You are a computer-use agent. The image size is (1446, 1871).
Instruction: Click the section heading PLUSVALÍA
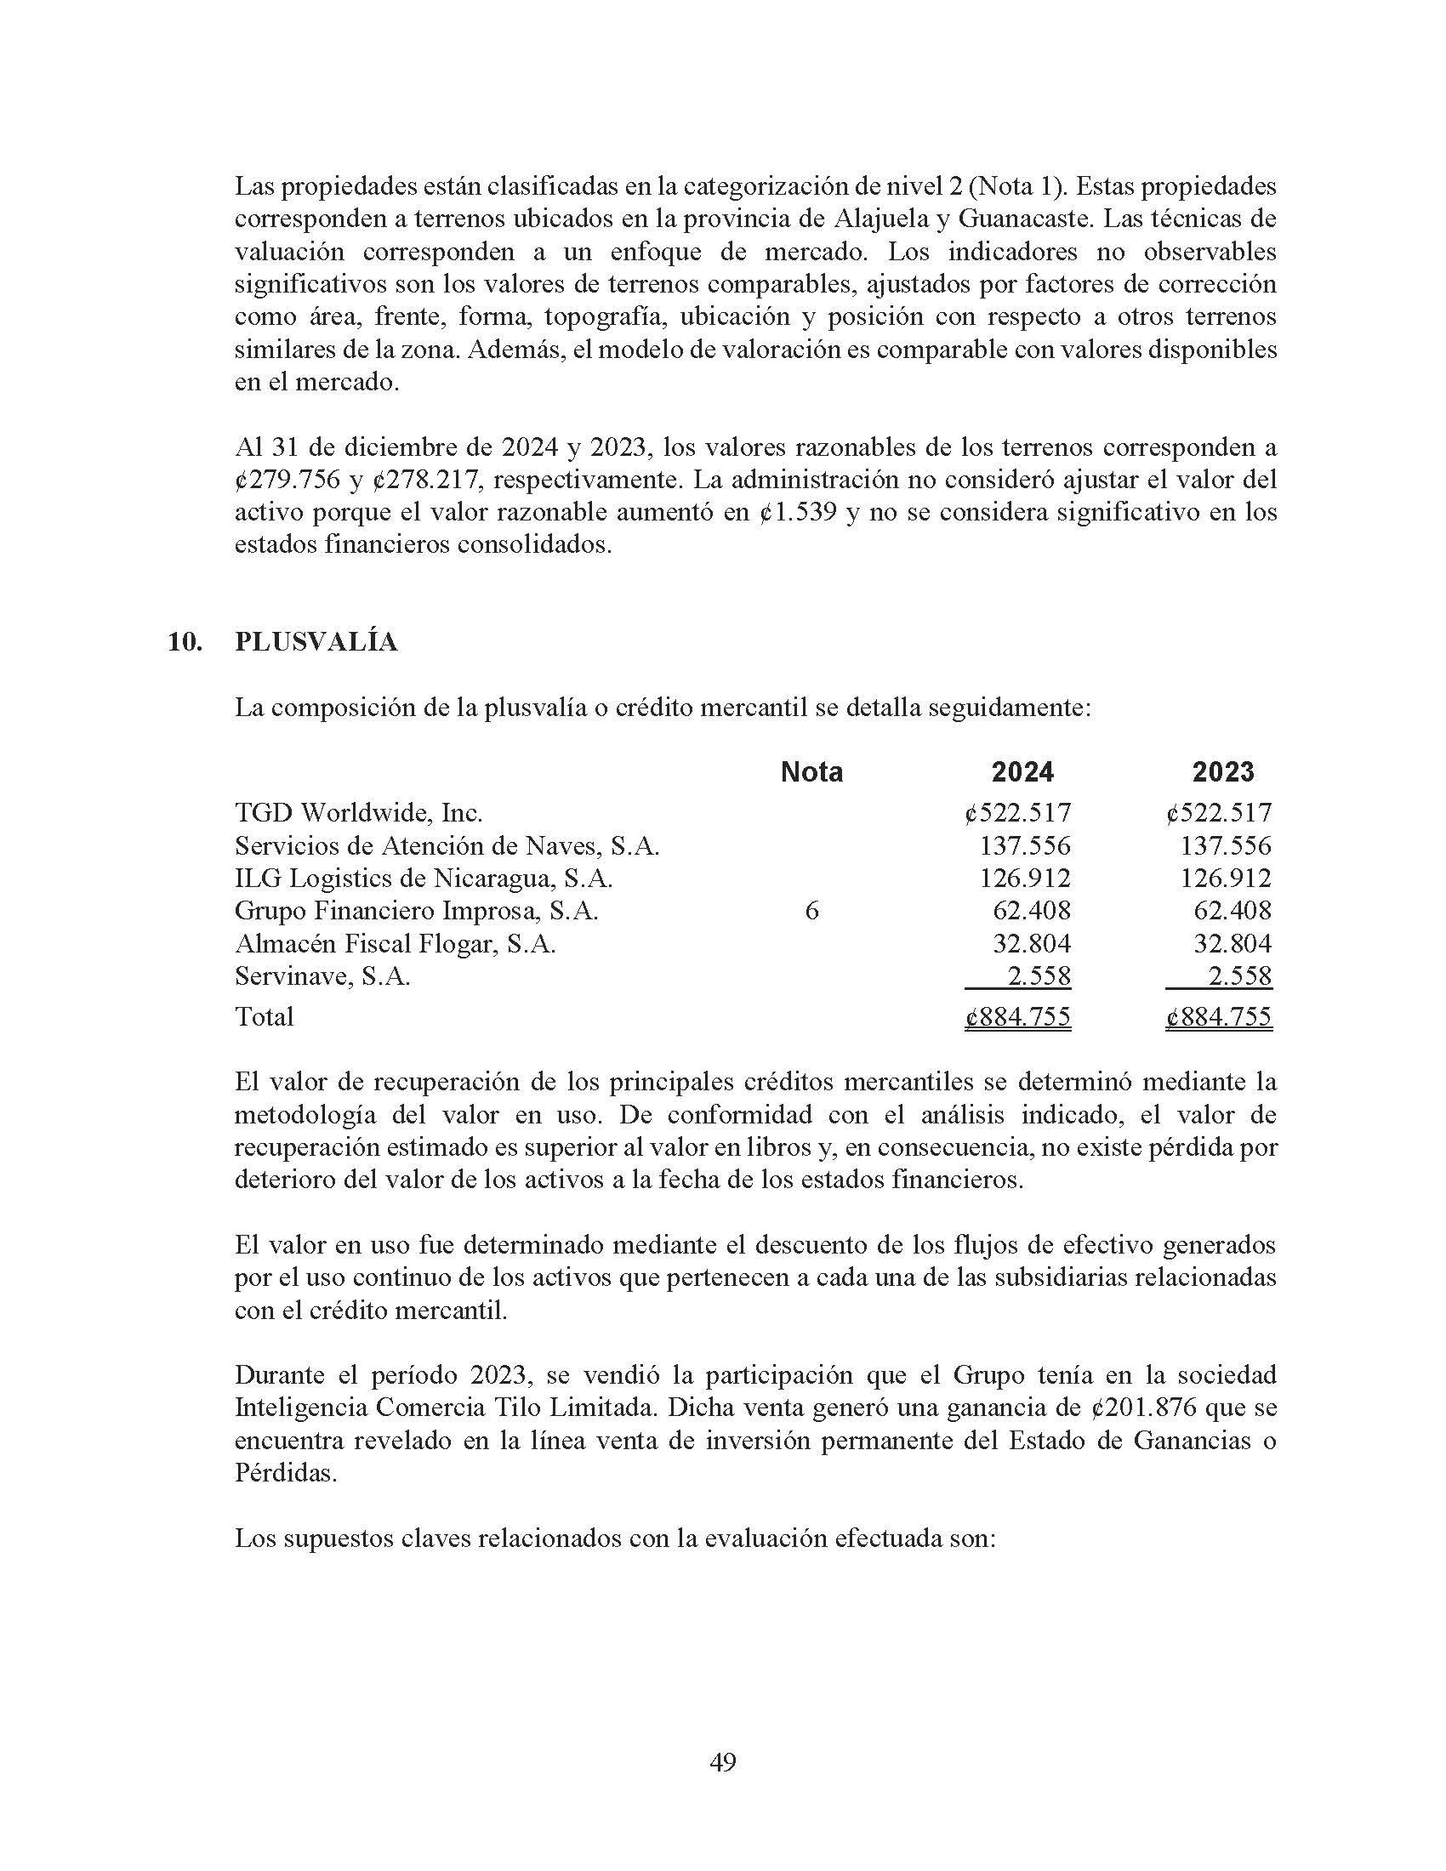coord(316,642)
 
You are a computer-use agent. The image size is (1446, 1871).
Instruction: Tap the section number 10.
coord(185,642)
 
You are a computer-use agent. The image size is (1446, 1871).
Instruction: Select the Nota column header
coord(811,772)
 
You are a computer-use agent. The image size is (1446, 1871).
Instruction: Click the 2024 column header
coord(1022,772)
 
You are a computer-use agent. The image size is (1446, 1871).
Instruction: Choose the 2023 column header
coord(1222,772)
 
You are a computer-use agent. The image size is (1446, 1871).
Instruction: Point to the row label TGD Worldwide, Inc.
coord(359,812)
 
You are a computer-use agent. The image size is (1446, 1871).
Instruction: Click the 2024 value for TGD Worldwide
coord(1017,812)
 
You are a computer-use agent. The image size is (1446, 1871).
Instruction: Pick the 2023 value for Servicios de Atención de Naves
coord(1226,845)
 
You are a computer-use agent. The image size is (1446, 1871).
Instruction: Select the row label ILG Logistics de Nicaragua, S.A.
coord(424,879)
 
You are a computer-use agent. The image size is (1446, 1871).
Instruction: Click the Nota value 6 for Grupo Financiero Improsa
coord(811,911)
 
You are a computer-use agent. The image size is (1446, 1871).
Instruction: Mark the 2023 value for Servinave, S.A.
coord(1238,975)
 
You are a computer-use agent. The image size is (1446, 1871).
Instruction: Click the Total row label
coord(264,1017)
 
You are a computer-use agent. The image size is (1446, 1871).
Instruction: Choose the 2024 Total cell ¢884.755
coord(1017,1017)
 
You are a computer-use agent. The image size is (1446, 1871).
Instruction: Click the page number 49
coord(723,1762)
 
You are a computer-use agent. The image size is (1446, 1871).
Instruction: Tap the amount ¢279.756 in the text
coord(287,480)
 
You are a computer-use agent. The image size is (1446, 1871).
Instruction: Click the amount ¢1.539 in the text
coord(798,512)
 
